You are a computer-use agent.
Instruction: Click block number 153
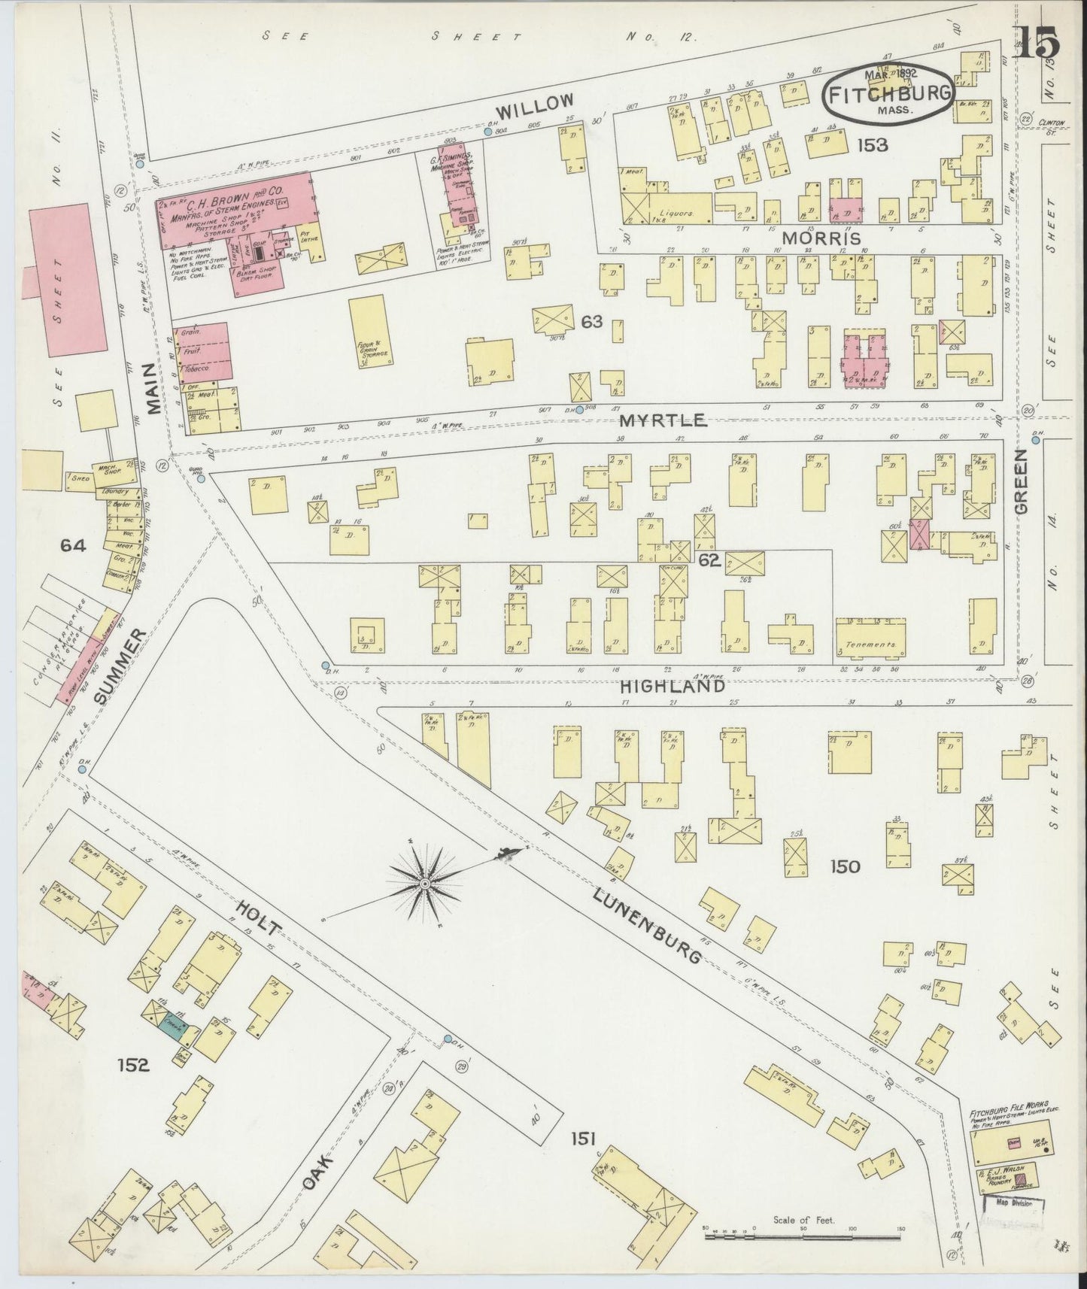coord(872,145)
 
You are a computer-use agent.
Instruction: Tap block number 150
coord(844,867)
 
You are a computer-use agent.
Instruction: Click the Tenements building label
coord(870,645)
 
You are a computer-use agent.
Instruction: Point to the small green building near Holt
coord(175,1028)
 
